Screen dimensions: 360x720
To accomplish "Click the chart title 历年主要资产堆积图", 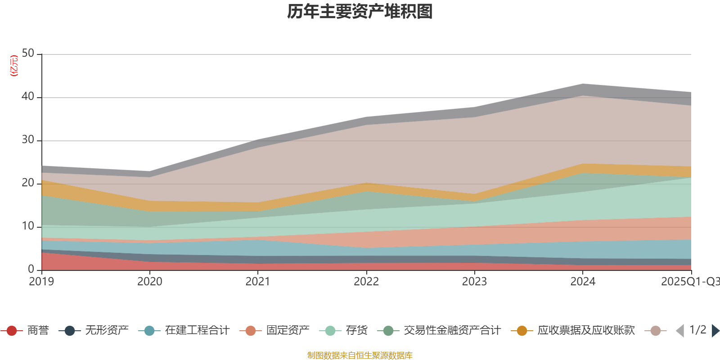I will (x=360, y=12).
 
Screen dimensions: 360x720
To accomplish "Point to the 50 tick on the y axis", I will (x=28, y=54).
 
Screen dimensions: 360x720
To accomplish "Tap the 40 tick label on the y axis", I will (x=28, y=97).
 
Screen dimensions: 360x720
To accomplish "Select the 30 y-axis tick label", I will (x=28, y=140).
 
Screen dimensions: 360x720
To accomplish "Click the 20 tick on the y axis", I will (x=28, y=183).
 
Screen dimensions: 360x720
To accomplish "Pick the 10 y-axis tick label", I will (x=28, y=226).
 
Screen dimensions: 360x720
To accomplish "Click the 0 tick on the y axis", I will (x=31, y=270).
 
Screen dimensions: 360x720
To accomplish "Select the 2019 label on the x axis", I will (x=41, y=282).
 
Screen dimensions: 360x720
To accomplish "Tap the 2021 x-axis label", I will (x=258, y=282).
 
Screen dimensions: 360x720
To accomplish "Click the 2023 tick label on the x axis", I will (x=474, y=282).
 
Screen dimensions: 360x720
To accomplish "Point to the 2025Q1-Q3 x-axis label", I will (x=690, y=282).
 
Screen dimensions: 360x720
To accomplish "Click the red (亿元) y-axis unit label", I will (x=14, y=66).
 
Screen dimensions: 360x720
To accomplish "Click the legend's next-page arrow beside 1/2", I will (x=715, y=331).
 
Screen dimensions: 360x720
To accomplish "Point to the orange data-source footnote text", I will (x=360, y=355).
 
